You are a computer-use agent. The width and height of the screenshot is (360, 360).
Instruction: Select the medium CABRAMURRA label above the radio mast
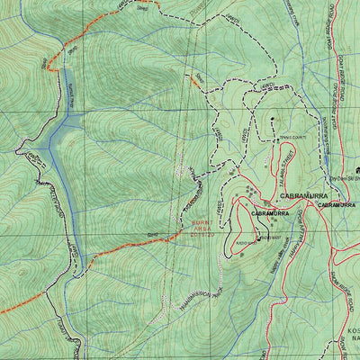270,213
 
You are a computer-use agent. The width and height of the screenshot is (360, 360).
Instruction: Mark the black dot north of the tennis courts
271,119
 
